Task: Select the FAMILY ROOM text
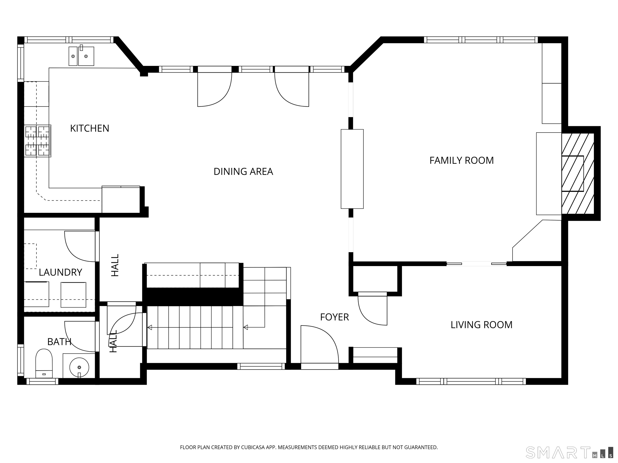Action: pos(461,161)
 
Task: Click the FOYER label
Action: pos(334,317)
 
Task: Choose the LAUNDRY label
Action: pos(60,272)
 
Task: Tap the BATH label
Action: pos(59,342)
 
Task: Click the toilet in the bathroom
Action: pos(44,363)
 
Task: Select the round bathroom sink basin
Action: pos(79,367)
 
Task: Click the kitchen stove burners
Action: pos(37,141)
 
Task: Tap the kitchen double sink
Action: pos(81,56)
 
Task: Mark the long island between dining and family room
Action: pos(352,169)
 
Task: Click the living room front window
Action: pos(471,381)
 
